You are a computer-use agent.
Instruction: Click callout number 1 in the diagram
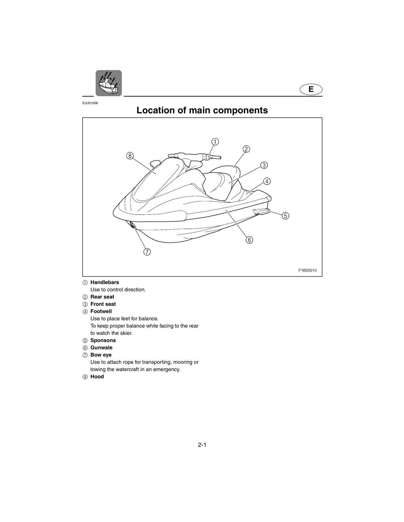point(215,142)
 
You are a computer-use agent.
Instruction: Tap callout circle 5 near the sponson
point(285,216)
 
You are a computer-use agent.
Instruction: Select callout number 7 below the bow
point(147,252)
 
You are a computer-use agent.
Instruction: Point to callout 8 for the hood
point(130,156)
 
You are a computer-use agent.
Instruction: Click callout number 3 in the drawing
point(264,165)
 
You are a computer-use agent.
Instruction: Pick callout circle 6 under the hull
point(249,240)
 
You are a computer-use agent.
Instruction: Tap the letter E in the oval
point(311,89)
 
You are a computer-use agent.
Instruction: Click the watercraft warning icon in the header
point(109,83)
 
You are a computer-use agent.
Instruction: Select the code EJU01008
point(90,103)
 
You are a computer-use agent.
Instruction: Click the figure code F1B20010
point(308,270)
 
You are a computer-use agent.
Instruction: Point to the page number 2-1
point(202,445)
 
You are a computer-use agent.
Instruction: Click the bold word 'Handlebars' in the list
point(105,282)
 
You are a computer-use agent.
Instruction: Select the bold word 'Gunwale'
point(101,348)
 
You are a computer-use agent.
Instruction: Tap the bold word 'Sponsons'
point(103,340)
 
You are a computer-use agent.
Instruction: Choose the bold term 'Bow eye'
point(101,355)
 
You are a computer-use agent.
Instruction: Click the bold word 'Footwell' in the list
point(101,311)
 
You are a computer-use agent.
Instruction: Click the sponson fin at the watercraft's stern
point(261,212)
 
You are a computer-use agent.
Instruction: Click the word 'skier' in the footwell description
point(126,333)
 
